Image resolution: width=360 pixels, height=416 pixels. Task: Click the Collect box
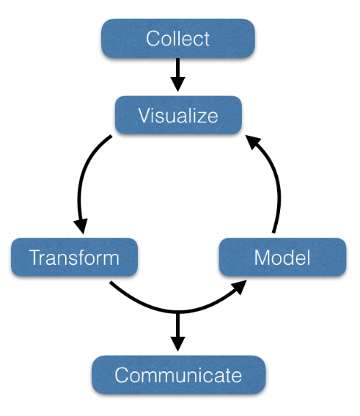pos(178,38)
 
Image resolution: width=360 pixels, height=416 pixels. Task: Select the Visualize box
pos(178,115)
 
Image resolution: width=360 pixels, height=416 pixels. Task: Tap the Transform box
pos(74,257)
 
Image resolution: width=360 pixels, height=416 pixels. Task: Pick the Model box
pos(282,257)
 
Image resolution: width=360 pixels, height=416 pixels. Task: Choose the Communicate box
pos(178,375)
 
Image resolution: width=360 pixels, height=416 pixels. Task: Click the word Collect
pos(177,39)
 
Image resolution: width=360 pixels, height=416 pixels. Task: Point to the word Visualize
pos(178,116)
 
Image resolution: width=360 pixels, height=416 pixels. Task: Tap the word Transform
pos(74,258)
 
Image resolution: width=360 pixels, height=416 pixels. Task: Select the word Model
pos(282,258)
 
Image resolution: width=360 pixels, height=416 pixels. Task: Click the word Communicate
pos(178,375)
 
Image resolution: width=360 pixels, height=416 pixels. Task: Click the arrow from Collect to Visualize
pos(177,75)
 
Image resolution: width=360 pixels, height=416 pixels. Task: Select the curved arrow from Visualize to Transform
pos(79,186)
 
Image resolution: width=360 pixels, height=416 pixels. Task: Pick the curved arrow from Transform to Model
pos(178,312)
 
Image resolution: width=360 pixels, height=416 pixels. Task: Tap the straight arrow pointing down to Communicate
pos(177,332)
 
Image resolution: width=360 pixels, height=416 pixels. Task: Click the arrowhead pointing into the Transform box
pos(81,226)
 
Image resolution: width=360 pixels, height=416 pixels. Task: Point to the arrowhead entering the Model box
pos(239,287)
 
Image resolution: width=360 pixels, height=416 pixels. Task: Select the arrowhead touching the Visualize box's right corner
pos(253,142)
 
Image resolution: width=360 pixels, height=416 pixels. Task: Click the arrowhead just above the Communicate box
pos(177,344)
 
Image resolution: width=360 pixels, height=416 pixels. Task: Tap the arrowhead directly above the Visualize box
pos(177,84)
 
